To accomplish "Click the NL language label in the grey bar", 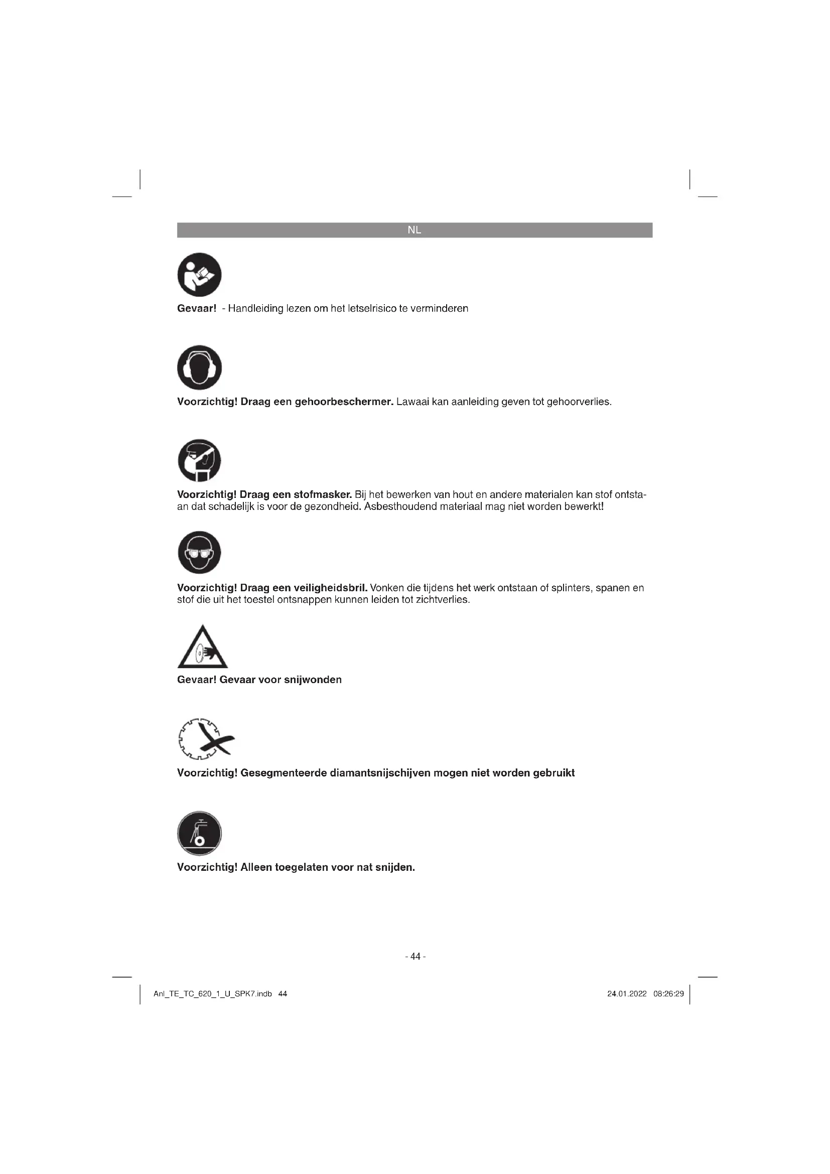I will coord(414,230).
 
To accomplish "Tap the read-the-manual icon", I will coord(199,275).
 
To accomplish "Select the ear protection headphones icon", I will coord(199,367).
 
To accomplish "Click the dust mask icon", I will coord(199,460).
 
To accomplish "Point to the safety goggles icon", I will coord(199,553).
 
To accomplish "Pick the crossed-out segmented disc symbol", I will coord(205,739).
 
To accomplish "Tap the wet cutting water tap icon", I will coord(199,833).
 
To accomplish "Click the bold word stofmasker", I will coord(323,495).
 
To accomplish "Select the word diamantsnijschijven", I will coord(380,773).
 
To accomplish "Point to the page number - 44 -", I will coord(415,956).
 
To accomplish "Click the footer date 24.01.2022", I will coord(627,994).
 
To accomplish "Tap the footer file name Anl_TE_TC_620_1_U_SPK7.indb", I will coord(213,994).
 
